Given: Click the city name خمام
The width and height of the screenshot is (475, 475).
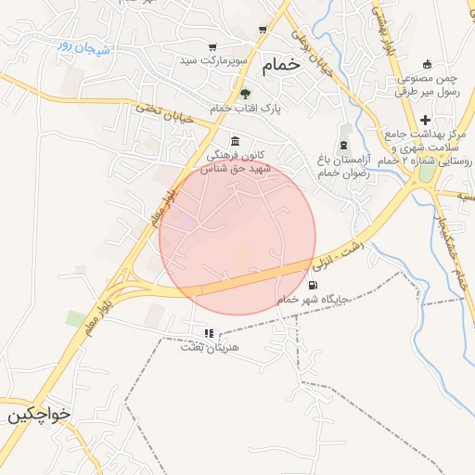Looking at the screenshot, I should click(x=282, y=65).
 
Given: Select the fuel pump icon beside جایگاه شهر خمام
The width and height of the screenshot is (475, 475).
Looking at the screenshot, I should click(x=313, y=285).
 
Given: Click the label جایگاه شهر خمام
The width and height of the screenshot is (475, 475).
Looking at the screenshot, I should click(x=314, y=300).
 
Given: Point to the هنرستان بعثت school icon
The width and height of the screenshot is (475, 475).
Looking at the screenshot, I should click(x=209, y=333).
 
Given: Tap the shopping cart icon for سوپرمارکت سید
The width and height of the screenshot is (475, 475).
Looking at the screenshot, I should click(x=212, y=47).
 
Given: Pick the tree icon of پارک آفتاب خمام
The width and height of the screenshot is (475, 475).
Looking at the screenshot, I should click(x=245, y=94).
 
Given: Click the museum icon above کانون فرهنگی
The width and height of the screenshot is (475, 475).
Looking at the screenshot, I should click(x=234, y=141).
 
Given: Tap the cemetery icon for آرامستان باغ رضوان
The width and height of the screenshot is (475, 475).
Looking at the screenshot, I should click(x=344, y=145).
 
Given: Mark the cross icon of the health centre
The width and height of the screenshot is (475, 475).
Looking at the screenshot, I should click(x=426, y=120).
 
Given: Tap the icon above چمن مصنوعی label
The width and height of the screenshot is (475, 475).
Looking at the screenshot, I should click(x=428, y=64).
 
